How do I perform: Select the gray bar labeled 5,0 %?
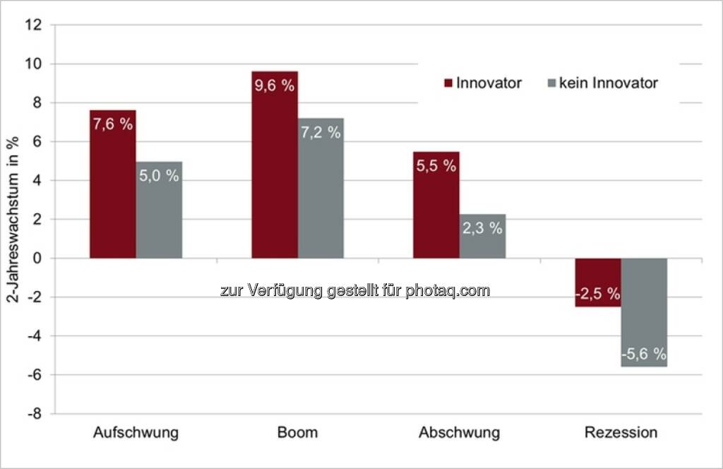(159, 210)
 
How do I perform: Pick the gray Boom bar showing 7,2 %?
(321, 188)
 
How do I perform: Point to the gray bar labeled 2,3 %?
(482, 236)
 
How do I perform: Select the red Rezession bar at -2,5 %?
(598, 283)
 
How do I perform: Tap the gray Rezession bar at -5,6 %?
(644, 312)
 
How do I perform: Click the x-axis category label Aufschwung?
(136, 432)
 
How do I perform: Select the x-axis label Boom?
(298, 432)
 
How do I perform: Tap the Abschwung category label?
(459, 432)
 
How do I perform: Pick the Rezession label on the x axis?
(621, 432)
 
